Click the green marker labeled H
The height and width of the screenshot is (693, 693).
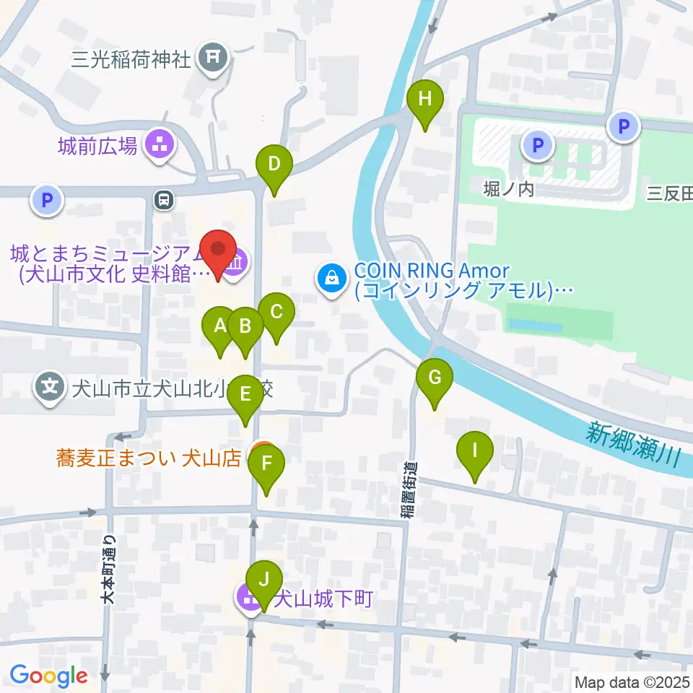click(424, 100)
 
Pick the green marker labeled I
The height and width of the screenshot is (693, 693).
click(475, 451)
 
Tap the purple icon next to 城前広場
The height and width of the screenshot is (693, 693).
click(160, 145)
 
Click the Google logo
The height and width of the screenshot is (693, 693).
click(48, 676)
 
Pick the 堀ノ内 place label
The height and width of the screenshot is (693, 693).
click(509, 189)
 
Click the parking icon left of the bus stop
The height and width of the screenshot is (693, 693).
click(48, 200)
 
